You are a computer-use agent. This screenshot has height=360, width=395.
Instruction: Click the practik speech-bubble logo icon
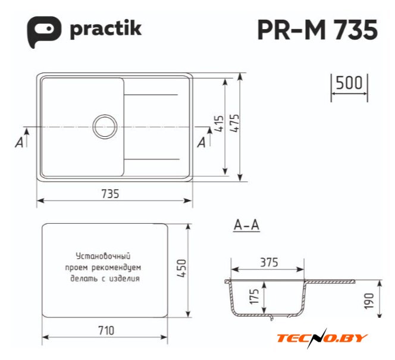(43, 31)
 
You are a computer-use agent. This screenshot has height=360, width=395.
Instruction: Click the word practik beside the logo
(106, 29)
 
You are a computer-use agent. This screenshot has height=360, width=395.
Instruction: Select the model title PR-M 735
(318, 30)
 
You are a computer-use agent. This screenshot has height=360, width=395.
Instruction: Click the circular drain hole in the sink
(105, 127)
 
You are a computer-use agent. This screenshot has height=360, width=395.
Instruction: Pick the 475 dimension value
(234, 123)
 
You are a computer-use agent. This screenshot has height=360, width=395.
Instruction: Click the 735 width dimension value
(110, 194)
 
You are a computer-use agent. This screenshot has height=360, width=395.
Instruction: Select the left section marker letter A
(19, 142)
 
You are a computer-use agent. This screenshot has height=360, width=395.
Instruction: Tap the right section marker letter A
(201, 142)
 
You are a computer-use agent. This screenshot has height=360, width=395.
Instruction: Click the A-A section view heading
(247, 225)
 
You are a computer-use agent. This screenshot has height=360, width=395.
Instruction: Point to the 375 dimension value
(269, 262)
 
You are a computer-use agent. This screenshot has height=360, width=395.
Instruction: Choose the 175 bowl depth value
(255, 296)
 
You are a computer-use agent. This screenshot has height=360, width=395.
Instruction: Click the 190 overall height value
(369, 300)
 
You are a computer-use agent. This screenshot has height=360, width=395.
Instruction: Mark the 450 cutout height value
(181, 268)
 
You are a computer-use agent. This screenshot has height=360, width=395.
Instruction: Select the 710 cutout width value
(106, 330)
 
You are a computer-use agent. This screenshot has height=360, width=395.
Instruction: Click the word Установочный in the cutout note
(103, 256)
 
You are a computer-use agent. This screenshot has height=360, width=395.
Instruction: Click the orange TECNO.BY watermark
(322, 338)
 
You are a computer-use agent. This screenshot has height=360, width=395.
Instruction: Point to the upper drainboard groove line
(151, 95)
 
